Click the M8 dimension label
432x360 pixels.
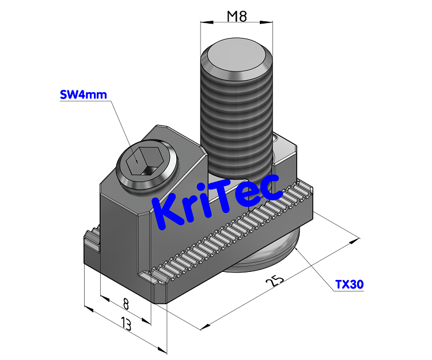tap(236, 16)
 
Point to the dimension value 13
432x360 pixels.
tap(125, 324)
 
